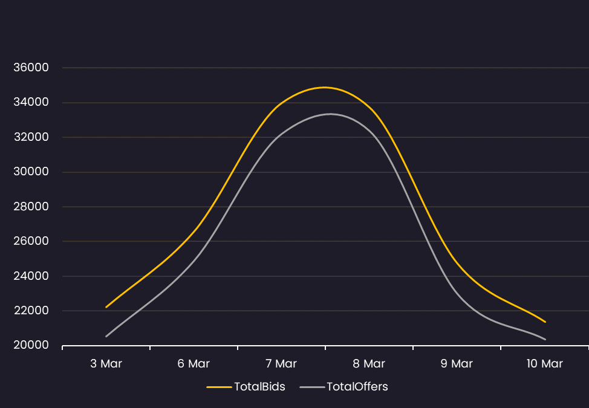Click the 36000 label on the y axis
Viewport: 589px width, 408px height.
coord(31,68)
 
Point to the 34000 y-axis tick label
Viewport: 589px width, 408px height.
coord(31,102)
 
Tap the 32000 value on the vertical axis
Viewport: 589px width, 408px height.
coord(31,137)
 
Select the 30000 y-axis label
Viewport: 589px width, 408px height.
coord(31,172)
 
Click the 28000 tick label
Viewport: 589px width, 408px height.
coord(31,207)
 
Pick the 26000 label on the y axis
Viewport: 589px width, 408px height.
coord(31,241)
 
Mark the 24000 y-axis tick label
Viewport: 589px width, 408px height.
coord(31,276)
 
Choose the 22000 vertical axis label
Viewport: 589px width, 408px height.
coord(31,311)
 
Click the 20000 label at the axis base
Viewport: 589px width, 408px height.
coord(31,345)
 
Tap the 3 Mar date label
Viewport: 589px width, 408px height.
coord(106,364)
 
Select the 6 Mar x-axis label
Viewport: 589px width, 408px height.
coord(194,364)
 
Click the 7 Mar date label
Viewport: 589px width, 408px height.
coord(281,364)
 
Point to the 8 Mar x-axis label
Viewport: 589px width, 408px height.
coord(369,364)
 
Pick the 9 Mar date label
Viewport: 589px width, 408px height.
coord(457,364)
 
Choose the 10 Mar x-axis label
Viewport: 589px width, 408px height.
coord(545,364)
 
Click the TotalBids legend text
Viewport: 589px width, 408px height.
coord(259,387)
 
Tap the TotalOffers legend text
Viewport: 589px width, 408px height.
coord(357,387)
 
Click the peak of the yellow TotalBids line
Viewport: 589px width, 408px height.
coord(325,88)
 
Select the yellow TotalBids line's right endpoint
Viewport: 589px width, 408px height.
coord(545,322)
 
